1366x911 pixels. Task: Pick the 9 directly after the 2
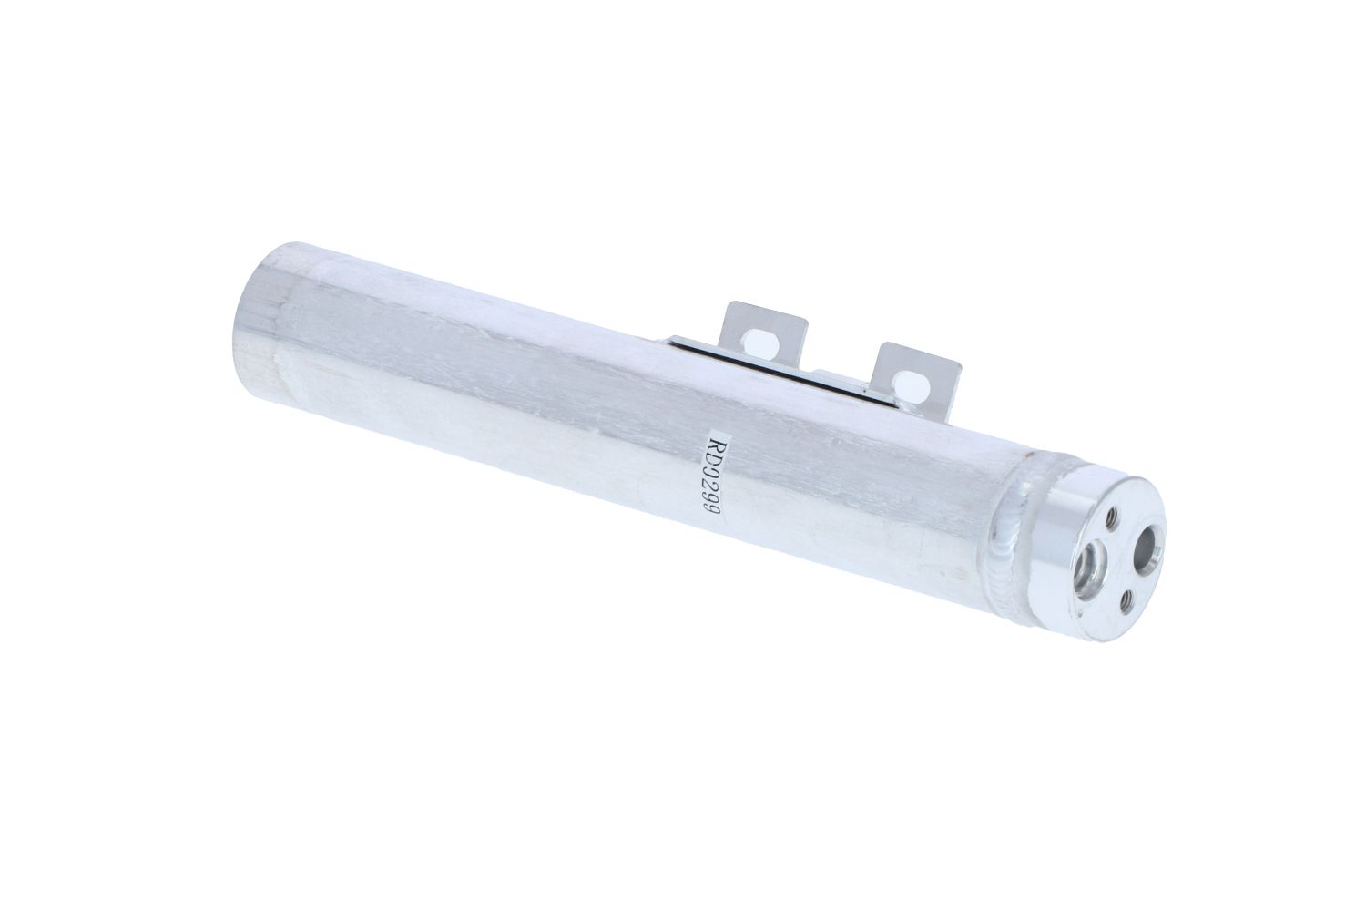pos(711,504)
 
